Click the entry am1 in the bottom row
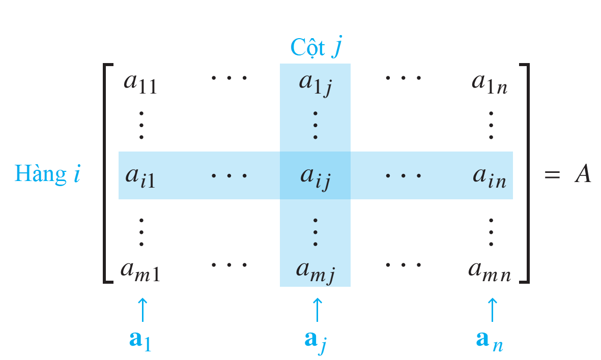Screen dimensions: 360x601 point(140,270)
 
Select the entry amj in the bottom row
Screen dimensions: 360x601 point(316,271)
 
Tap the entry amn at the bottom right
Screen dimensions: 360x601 point(490,270)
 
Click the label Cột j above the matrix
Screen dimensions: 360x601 point(316,48)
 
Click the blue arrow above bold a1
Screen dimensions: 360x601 point(142,310)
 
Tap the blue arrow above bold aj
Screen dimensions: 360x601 point(317,310)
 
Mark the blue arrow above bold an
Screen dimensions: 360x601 point(492,310)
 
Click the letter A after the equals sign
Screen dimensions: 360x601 point(582,174)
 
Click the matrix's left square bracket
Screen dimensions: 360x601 point(106,173)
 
